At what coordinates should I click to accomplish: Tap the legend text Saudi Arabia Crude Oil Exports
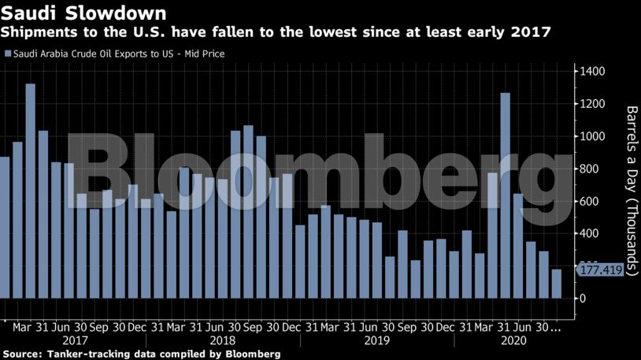[x=94, y=54]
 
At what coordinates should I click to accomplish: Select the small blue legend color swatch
[x=8, y=54]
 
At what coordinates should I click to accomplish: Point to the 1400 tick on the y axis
[x=591, y=72]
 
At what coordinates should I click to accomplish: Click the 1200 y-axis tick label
[x=591, y=104]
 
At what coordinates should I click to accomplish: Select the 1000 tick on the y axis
[x=591, y=136]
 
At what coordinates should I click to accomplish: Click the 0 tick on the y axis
[x=583, y=299]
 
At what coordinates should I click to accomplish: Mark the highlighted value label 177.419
[x=601, y=270]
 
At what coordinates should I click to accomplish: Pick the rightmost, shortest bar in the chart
[x=556, y=284]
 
